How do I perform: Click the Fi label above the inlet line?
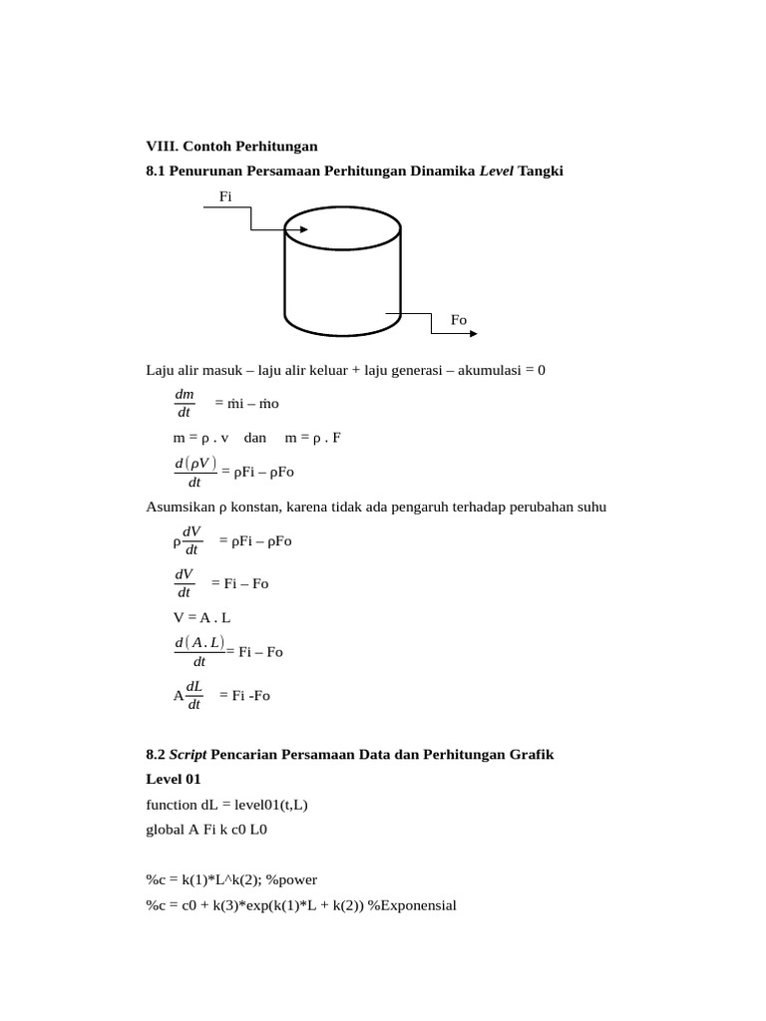(225, 197)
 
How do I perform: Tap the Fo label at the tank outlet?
(459, 320)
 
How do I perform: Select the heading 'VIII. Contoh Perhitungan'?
(231, 147)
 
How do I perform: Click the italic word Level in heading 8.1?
(496, 171)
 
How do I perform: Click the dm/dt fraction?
(185, 404)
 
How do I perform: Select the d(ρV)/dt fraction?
(194, 472)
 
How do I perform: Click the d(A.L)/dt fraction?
(199, 651)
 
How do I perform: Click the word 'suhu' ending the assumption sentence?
(590, 508)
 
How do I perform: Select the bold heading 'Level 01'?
(174, 779)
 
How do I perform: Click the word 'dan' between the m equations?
(257, 438)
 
